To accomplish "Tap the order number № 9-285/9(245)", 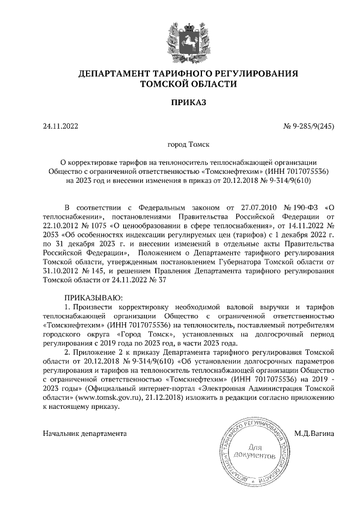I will tap(309, 127).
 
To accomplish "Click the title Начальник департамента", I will tap(85, 433).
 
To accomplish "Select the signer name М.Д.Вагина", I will tap(314, 433).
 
